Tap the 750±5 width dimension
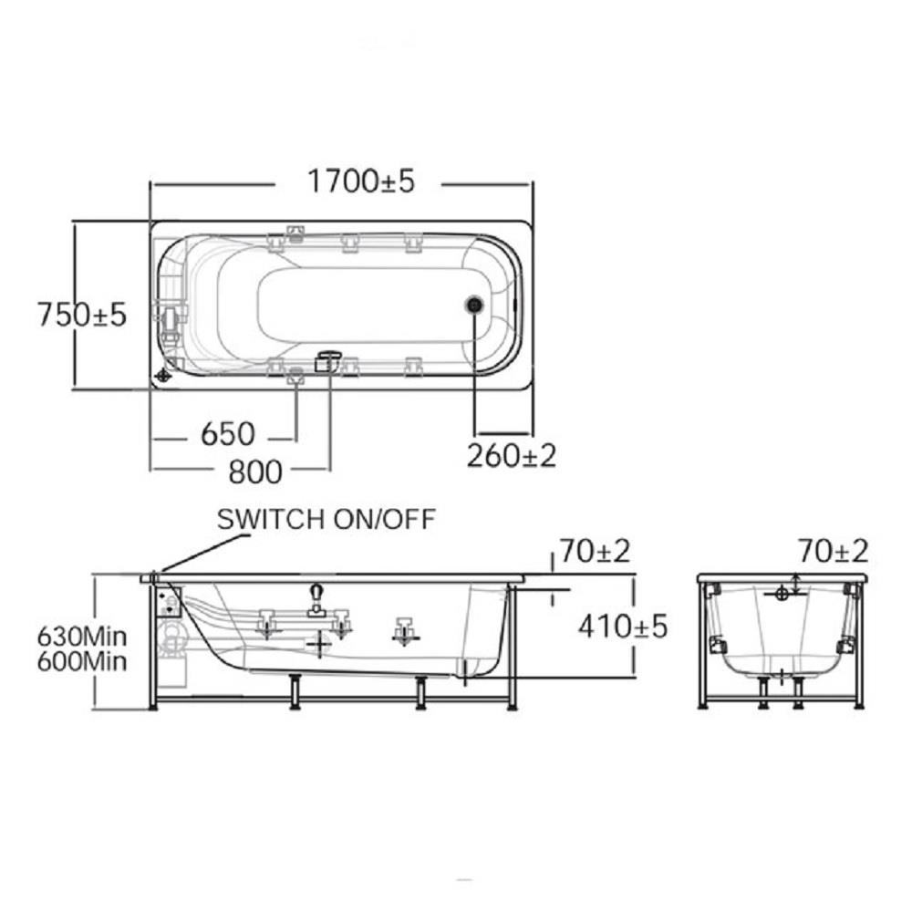point(81,315)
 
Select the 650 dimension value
point(227,434)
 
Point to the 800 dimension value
point(255,472)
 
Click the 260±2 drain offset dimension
point(512,455)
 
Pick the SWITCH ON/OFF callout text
point(326,519)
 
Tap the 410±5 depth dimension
point(623,627)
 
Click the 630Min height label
point(82,637)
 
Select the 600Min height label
point(82,662)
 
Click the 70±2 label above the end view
point(833,551)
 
